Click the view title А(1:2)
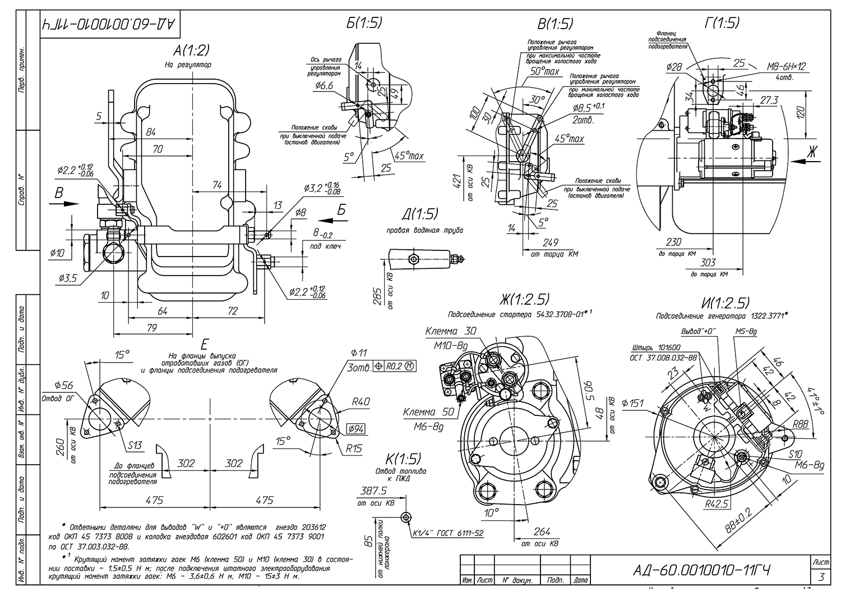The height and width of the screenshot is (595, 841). tap(191, 51)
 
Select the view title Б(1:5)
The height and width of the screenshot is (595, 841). tap(364, 22)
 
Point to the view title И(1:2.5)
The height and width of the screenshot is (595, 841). tap(727, 303)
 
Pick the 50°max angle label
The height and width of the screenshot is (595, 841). tap(544, 72)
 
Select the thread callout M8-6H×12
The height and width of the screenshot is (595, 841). tap(786, 66)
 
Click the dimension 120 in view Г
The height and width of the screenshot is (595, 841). tap(801, 112)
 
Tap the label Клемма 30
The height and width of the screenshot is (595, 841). tap(450, 331)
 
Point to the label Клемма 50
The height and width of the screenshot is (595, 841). tap(428, 412)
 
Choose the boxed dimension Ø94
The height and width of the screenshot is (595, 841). tap(357, 429)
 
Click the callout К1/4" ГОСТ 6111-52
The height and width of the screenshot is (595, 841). tap(447, 533)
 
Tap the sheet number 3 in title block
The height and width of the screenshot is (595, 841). tap(821, 577)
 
